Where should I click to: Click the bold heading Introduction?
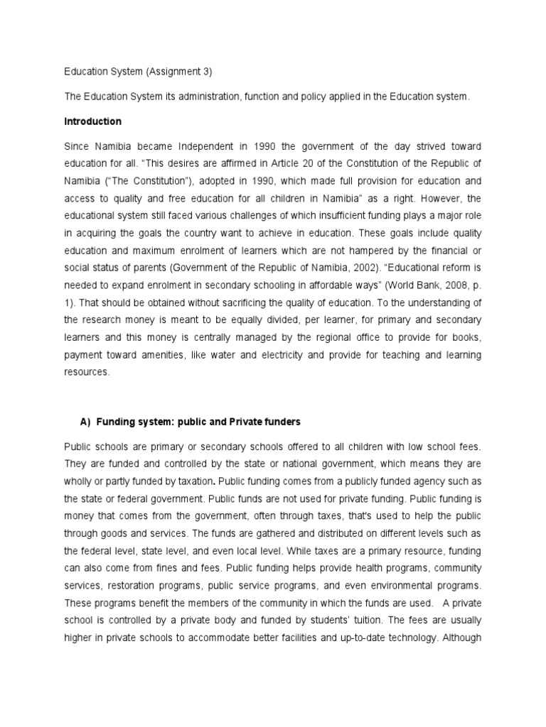coord(92,121)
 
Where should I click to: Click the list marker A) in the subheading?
coord(85,422)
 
